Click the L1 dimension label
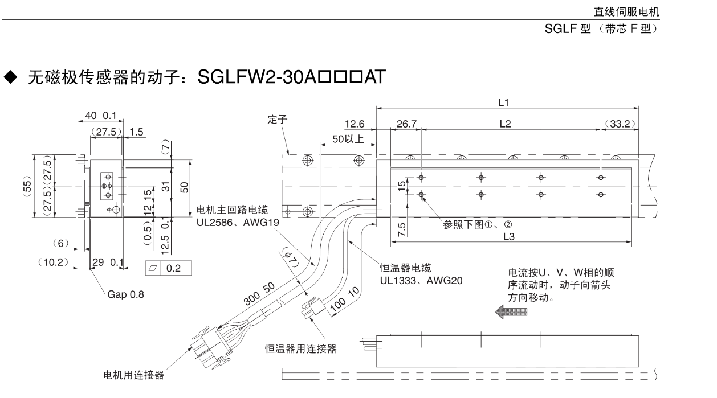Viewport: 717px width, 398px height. [503, 102]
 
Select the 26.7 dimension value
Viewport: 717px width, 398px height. [406, 124]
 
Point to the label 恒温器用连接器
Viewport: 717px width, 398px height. [300, 348]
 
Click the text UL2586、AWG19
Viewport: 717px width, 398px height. [238, 222]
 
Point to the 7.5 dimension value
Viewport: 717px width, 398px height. [401, 228]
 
